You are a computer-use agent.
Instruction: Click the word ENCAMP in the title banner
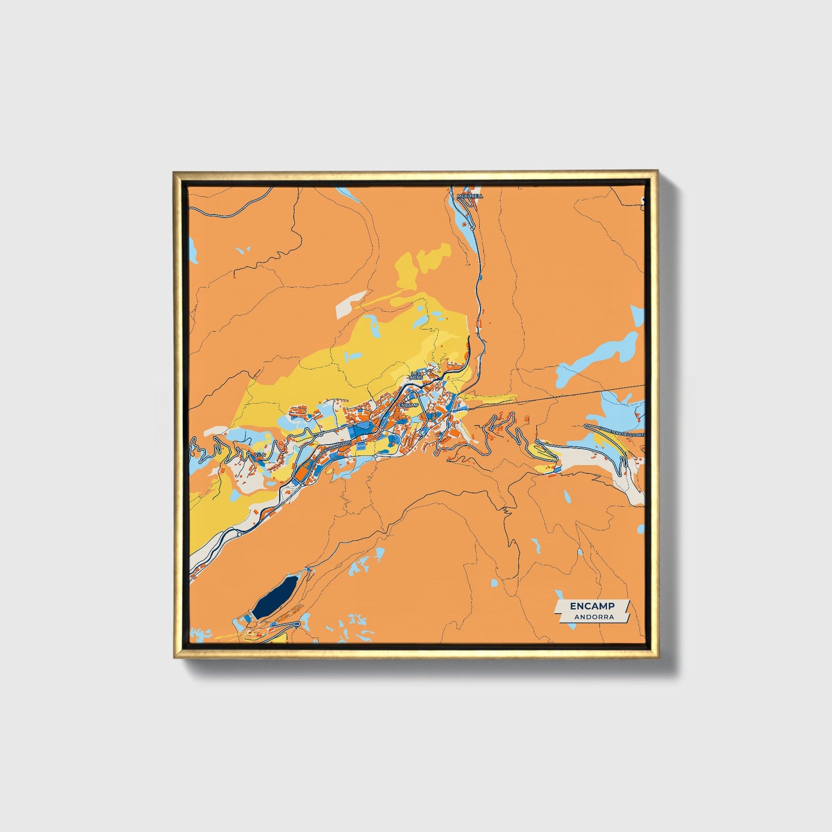coord(592,606)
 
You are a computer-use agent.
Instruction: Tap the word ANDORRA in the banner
coord(593,617)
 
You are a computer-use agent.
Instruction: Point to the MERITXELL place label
coord(470,196)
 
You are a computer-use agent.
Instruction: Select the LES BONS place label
coord(416,375)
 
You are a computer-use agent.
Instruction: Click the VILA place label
coord(260,455)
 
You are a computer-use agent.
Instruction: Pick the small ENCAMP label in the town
coord(407,405)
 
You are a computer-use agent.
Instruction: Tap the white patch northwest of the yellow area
coord(350,303)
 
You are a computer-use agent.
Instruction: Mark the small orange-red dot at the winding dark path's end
coord(235,278)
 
